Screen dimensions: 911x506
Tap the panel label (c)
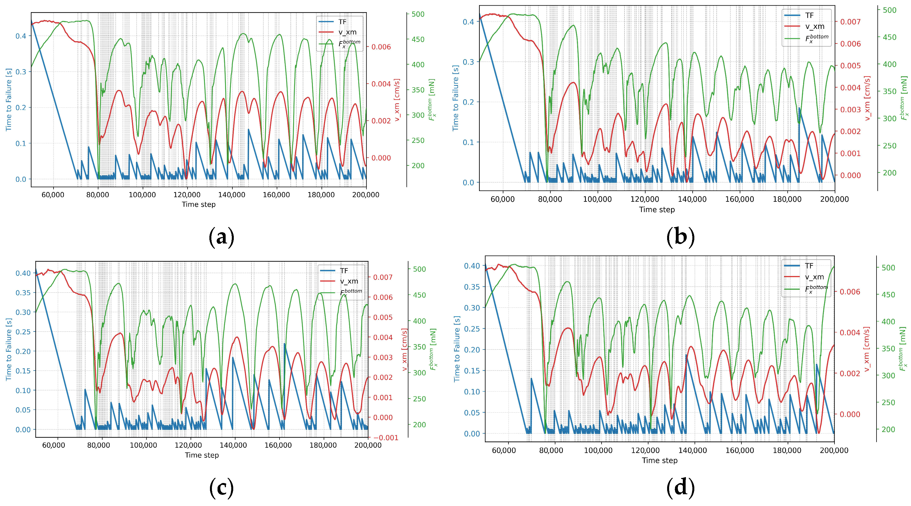coord(221,488)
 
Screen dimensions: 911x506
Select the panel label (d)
coord(680,488)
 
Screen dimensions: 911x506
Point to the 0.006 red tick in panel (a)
coord(381,47)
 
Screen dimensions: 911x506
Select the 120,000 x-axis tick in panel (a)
coord(187,195)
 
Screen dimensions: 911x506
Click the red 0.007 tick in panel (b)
coord(850,22)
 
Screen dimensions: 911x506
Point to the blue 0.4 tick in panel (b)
coord(469,22)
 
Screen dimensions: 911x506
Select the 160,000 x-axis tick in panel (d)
coord(740,450)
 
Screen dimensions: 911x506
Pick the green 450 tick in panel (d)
coord(888,295)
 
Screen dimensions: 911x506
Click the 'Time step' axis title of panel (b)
coord(657,210)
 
